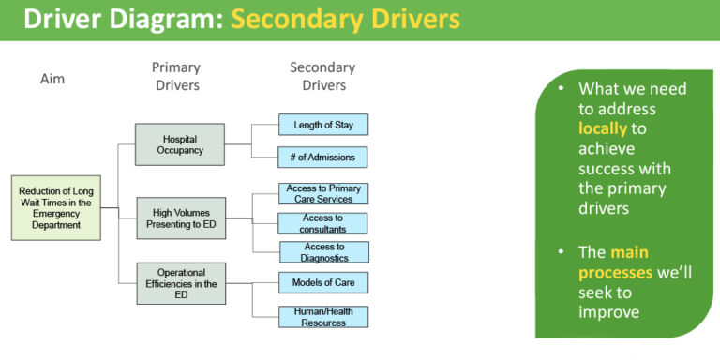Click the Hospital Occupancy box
pyautogui.click(x=180, y=144)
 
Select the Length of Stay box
pyautogui.click(x=323, y=124)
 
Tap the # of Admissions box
pyautogui.click(x=323, y=157)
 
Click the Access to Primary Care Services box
pyautogui.click(x=323, y=193)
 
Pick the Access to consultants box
pyautogui.click(x=323, y=223)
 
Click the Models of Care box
pyautogui.click(x=323, y=282)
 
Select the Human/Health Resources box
pyautogui.click(x=323, y=317)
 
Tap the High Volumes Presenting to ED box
pyautogui.click(x=180, y=218)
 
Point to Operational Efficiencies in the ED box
pyautogui.click(x=180, y=283)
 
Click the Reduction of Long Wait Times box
pyautogui.click(x=55, y=207)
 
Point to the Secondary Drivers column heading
pyautogui.click(x=323, y=77)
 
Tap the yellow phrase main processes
pyautogui.click(x=613, y=262)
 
